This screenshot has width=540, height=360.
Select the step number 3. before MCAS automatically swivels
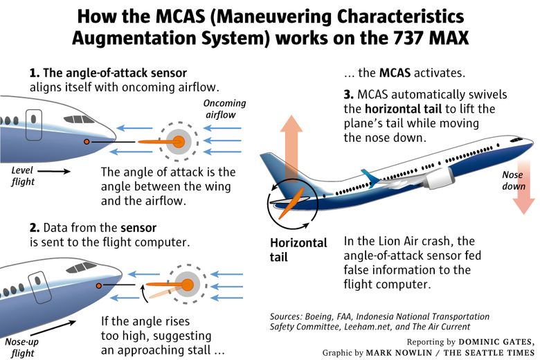click(349, 93)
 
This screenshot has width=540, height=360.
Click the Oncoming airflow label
click(224, 109)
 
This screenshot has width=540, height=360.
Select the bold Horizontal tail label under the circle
click(298, 250)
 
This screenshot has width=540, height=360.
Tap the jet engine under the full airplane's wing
click(439, 180)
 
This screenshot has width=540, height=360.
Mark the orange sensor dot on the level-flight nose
click(86, 142)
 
